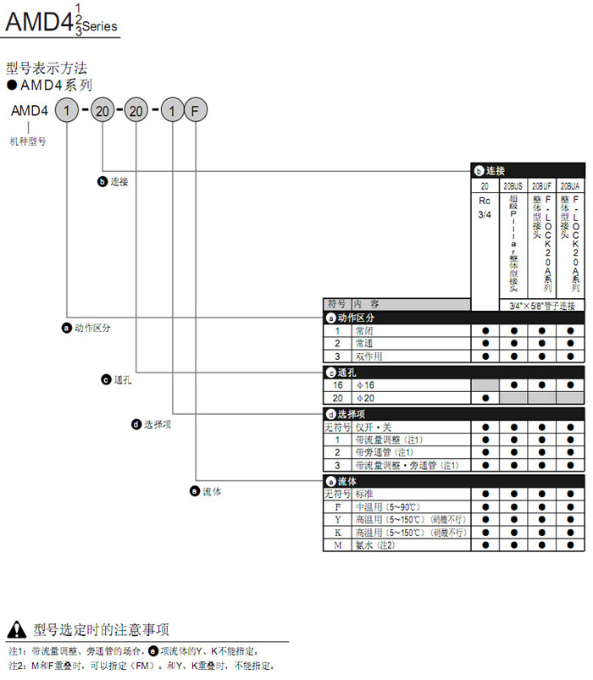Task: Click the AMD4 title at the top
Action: click(38, 21)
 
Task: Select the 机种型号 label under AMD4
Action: click(28, 141)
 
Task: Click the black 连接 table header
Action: click(527, 170)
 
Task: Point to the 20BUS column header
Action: click(513, 184)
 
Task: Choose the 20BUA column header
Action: click(570, 184)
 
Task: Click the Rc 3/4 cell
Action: click(485, 207)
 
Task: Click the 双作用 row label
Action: click(369, 357)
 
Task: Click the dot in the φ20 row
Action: click(485, 398)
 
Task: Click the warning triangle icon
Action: click(16, 629)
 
